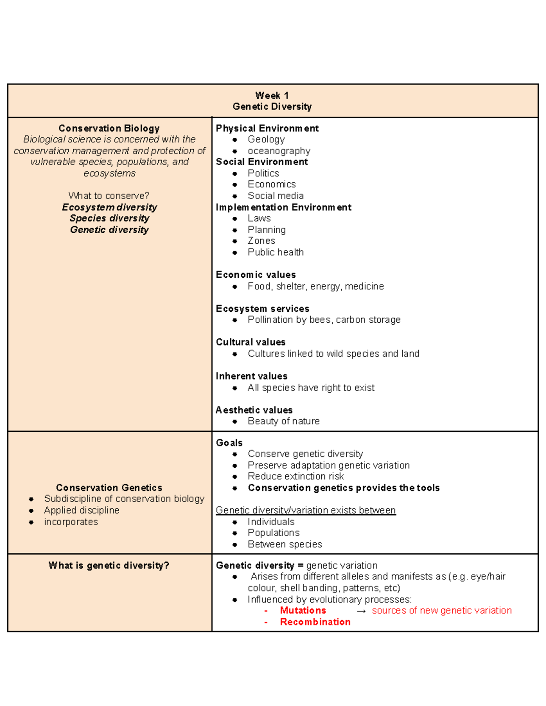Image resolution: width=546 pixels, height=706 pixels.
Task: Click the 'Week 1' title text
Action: [272, 95]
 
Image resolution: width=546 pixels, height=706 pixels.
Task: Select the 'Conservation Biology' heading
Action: [109, 129]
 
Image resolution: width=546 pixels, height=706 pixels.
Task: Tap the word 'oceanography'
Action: [279, 151]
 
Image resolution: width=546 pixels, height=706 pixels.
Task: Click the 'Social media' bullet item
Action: [275, 196]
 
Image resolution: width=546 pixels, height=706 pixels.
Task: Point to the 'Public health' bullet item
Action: [275, 252]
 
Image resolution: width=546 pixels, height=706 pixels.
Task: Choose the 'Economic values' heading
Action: [256, 275]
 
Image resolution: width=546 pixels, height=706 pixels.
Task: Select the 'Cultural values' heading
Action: [251, 342]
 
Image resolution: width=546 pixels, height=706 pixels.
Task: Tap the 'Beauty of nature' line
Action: [283, 421]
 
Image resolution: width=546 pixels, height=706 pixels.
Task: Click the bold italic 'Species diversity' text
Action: [109, 219]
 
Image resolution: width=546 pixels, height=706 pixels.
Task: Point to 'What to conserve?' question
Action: [109, 196]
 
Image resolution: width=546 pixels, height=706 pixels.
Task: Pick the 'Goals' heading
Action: [229, 443]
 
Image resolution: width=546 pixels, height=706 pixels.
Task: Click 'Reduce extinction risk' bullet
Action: [296, 476]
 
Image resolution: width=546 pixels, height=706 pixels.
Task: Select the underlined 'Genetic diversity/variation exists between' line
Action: [306, 511]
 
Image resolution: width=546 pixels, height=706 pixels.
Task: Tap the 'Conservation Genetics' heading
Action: [109, 488]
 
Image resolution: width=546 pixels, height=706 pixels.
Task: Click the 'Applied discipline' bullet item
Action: [81, 511]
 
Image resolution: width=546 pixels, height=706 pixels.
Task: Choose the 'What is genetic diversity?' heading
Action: [109, 566]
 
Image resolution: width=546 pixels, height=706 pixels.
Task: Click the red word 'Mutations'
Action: [303, 611]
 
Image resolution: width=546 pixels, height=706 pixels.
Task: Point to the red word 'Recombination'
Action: [315, 622]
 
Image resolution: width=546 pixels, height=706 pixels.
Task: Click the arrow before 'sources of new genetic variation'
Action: [361, 611]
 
